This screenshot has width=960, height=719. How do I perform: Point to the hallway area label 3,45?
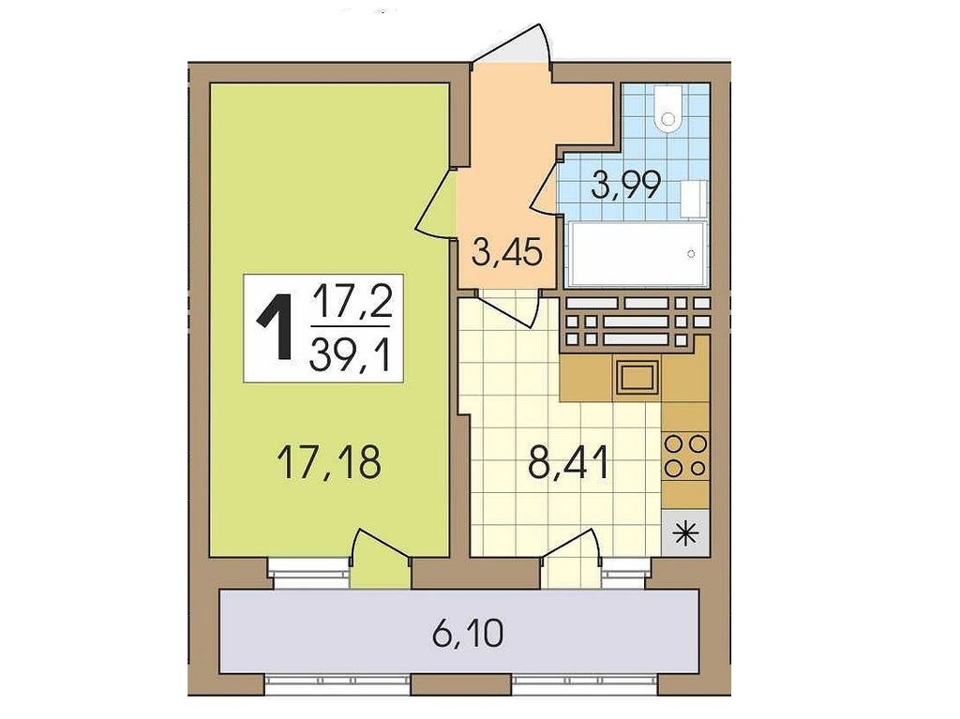pos(507,251)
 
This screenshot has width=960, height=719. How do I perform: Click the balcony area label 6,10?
pos(468,634)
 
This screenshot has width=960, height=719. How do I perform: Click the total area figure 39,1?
pos(351,356)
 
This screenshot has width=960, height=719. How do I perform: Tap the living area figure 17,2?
pos(352,301)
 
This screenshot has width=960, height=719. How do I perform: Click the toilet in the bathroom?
pos(667,108)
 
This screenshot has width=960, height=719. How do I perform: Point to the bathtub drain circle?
pos(691,253)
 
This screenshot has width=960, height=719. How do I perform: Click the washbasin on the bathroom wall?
pos(695,199)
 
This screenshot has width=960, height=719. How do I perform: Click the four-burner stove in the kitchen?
pos(685,455)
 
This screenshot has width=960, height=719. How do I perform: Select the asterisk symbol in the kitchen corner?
pos(685,533)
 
